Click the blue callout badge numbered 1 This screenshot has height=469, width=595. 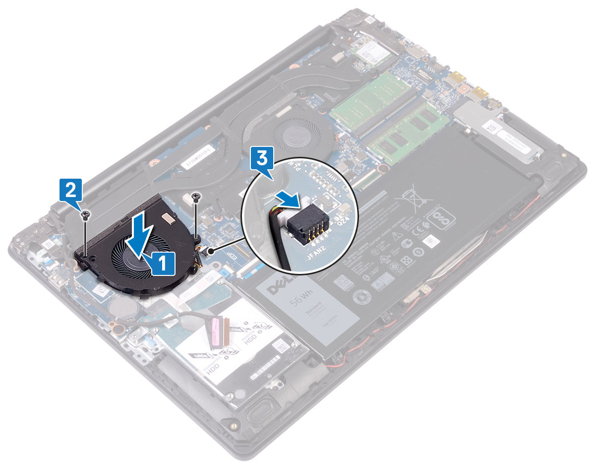point(163,263)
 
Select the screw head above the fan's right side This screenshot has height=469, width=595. point(197,198)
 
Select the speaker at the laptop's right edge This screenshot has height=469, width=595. point(551,172)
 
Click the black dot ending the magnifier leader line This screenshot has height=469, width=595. point(213,251)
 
